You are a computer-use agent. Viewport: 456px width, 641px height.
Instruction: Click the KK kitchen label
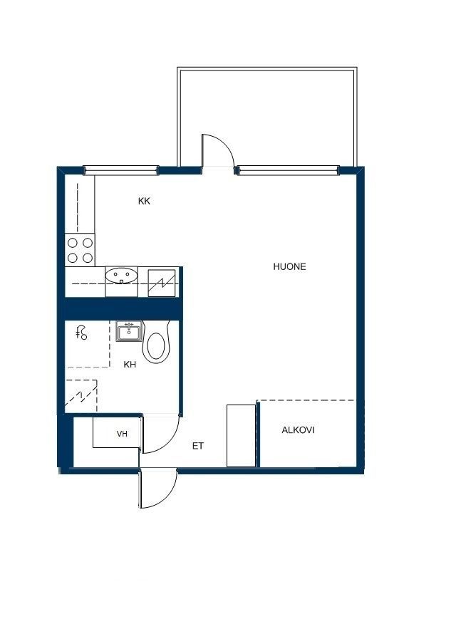[144, 201]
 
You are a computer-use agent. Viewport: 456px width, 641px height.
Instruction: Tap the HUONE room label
[289, 266]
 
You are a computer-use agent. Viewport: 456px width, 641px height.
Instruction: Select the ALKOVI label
[298, 430]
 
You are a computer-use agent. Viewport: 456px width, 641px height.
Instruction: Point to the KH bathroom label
[130, 364]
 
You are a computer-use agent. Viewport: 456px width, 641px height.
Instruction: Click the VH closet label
[122, 434]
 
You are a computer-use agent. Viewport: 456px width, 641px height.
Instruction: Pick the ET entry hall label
[198, 446]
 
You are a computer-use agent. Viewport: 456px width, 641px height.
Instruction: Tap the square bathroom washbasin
[129, 331]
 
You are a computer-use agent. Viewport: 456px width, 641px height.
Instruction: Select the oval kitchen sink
[121, 275]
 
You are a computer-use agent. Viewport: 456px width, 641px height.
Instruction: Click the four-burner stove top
[81, 250]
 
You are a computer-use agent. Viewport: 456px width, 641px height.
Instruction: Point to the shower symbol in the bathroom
[82, 332]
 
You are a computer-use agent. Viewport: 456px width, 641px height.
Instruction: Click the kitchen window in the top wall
[121, 170]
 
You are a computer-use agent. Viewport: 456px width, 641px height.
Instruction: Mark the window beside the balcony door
[288, 170]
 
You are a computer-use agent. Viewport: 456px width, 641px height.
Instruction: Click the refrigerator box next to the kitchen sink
[162, 283]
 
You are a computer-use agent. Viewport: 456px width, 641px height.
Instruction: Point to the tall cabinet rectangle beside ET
[242, 436]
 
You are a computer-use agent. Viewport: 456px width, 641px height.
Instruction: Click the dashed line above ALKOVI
[306, 400]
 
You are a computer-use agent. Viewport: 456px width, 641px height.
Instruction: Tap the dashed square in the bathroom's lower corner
[81, 396]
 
